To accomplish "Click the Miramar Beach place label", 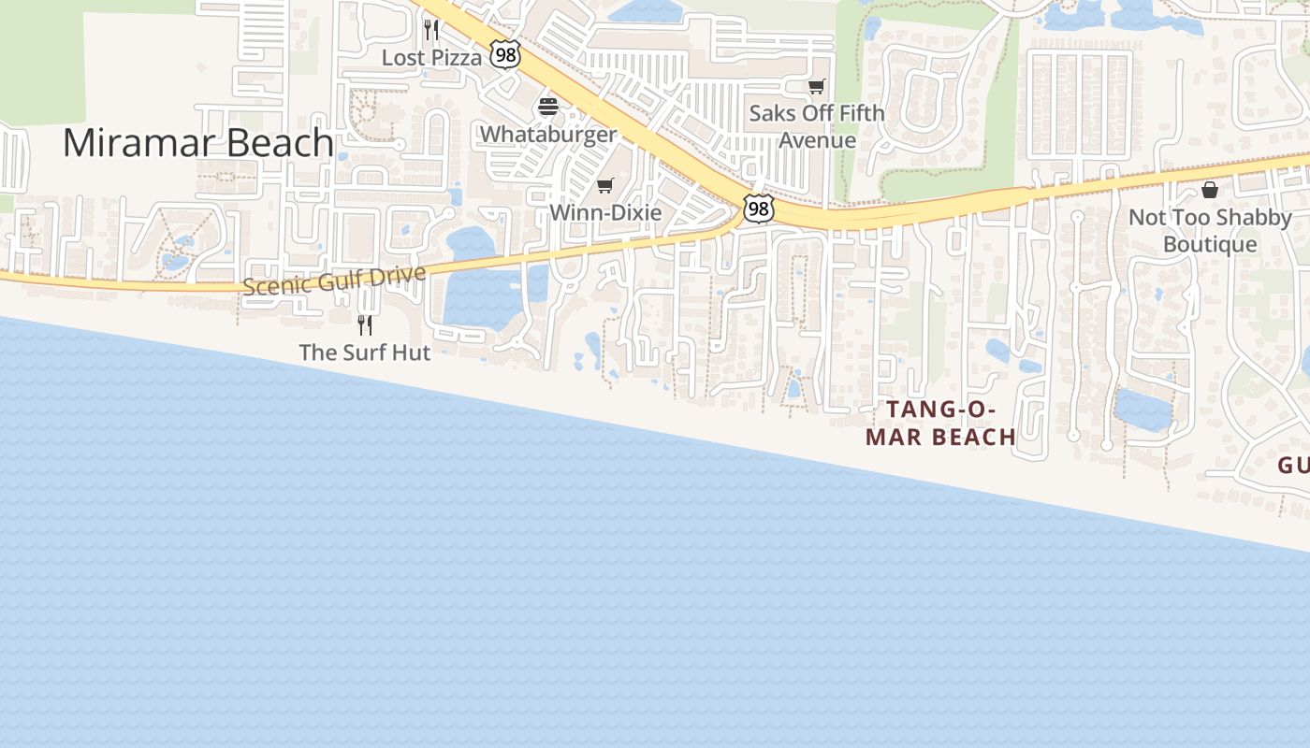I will point(197,143).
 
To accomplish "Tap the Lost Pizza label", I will point(431,58).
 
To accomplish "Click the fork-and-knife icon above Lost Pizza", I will point(431,30).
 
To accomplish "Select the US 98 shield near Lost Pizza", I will point(505,55).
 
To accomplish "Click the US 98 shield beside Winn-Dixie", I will point(758,209).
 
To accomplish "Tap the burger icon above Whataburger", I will point(548,108).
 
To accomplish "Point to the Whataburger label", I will point(548,135).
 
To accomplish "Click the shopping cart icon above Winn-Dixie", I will point(605,185).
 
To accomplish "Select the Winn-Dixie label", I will point(605,212).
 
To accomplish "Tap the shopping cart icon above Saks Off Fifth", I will point(817,87).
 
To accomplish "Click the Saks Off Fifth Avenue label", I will point(817,127).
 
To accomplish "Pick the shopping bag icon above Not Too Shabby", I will point(1210,191).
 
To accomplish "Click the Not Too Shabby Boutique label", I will point(1210,231).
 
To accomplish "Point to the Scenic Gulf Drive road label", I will point(334,280).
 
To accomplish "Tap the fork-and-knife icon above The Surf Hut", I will point(365,325).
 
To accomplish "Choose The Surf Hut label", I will point(365,352).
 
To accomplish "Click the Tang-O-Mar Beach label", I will point(940,424).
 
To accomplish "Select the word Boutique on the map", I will point(1210,245).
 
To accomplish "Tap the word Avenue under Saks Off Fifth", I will point(817,141).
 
